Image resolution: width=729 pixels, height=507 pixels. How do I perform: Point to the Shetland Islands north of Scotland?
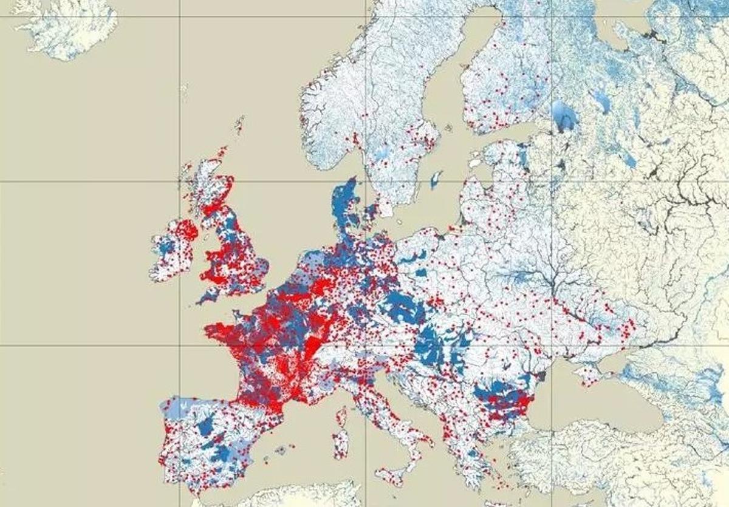click(239, 124)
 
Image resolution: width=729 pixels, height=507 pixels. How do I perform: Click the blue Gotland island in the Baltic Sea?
click(435, 180)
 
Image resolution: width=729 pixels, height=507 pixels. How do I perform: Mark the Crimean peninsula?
click(586, 373)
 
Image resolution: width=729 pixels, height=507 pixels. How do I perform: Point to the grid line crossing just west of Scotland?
click(179, 182)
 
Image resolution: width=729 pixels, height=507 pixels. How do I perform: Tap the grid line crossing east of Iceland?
click(179, 16)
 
